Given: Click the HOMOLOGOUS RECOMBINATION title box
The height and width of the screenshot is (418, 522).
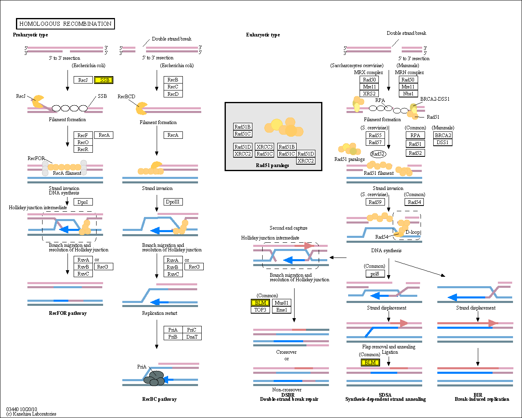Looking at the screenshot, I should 65,24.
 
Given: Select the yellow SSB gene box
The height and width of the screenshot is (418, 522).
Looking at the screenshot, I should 103,80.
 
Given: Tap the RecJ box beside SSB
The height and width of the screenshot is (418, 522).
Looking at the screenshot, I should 83,80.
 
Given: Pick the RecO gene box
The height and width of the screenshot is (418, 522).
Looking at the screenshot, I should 83,142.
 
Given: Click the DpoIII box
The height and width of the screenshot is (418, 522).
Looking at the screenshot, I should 173,202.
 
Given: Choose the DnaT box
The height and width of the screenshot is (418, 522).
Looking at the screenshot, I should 192,337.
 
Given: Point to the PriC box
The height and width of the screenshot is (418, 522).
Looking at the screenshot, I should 192,330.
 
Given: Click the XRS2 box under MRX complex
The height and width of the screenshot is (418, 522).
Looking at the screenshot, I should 369,94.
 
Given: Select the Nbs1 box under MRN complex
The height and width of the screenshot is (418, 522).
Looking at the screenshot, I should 408,94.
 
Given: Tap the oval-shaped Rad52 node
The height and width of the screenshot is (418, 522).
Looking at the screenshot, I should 378,154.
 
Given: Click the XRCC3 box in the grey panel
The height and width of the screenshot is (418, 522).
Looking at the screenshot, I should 265,147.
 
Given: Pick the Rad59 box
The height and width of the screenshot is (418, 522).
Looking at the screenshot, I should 375,202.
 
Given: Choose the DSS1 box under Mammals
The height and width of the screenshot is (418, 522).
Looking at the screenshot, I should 443,142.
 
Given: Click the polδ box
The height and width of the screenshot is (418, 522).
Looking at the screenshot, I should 375,274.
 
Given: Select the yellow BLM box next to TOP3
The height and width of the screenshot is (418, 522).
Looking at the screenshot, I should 260,303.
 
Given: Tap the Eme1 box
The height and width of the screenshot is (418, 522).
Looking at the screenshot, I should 281,310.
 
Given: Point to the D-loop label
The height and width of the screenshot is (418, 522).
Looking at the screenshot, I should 413,232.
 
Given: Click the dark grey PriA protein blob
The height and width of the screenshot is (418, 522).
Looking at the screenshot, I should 155,377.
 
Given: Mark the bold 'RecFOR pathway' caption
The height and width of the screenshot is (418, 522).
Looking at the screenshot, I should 68,313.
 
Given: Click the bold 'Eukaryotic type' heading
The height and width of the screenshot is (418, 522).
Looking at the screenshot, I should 263,35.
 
